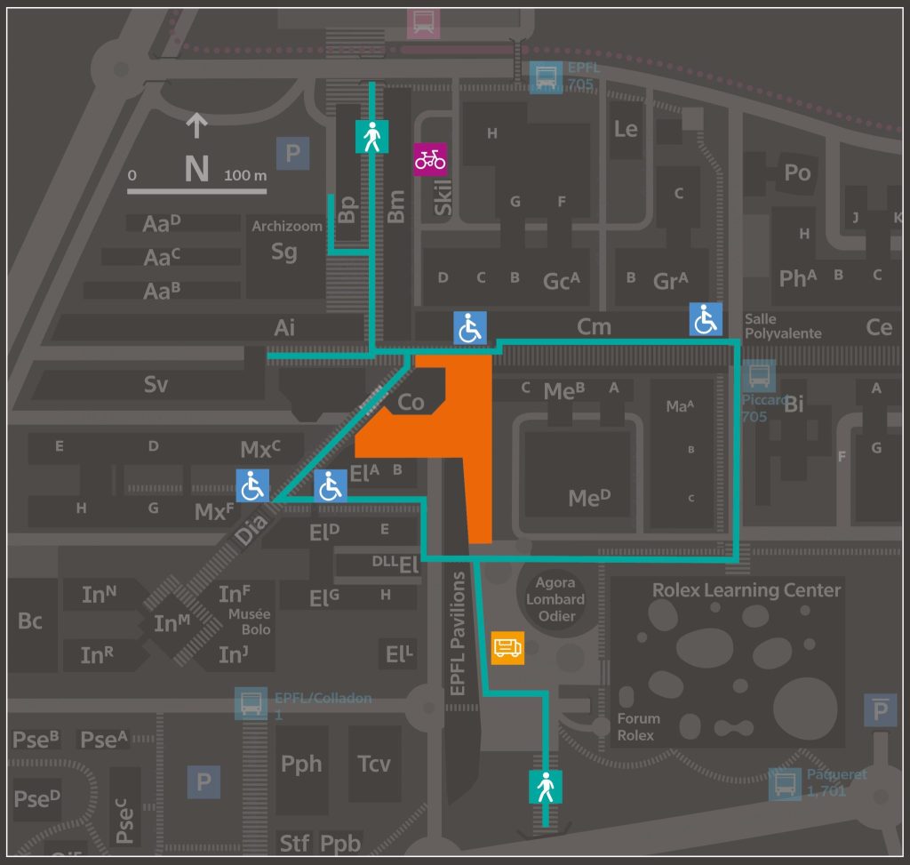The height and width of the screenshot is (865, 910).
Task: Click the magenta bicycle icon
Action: pyautogui.click(x=430, y=160)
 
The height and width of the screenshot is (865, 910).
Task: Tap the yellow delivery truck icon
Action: pyautogui.click(x=507, y=648)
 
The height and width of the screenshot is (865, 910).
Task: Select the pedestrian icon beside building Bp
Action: pyautogui.click(x=371, y=137)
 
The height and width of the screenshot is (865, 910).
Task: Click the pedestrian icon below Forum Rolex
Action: pyautogui.click(x=545, y=787)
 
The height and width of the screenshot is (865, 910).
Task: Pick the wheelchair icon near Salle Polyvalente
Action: pyautogui.click(x=706, y=319)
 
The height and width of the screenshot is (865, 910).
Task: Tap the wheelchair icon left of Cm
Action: pyautogui.click(x=470, y=328)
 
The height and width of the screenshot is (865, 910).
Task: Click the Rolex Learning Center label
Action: pyautogui.click(x=746, y=590)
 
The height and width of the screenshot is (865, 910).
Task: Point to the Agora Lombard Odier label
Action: pyautogui.click(x=556, y=600)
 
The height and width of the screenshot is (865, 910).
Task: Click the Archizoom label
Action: pyautogui.click(x=286, y=226)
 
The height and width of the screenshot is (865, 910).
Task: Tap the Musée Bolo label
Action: pyautogui.click(x=250, y=622)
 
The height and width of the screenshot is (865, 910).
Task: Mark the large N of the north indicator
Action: pyautogui.click(x=196, y=169)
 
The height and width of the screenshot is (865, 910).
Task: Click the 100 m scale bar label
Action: pyautogui.click(x=245, y=176)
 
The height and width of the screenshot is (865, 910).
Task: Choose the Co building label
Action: pyautogui.click(x=411, y=403)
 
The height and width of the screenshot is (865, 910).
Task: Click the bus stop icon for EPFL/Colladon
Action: pyautogui.click(x=249, y=703)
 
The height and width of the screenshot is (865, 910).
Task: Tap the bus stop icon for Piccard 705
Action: pyautogui.click(x=761, y=376)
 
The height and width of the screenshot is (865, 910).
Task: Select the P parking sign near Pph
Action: pyautogui.click(x=204, y=782)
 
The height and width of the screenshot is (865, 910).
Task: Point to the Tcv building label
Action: pyautogui.click(x=373, y=764)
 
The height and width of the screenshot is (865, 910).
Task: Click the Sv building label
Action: pyautogui.click(x=156, y=385)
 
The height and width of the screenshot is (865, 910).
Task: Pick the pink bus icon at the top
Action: pyautogui.click(x=424, y=22)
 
